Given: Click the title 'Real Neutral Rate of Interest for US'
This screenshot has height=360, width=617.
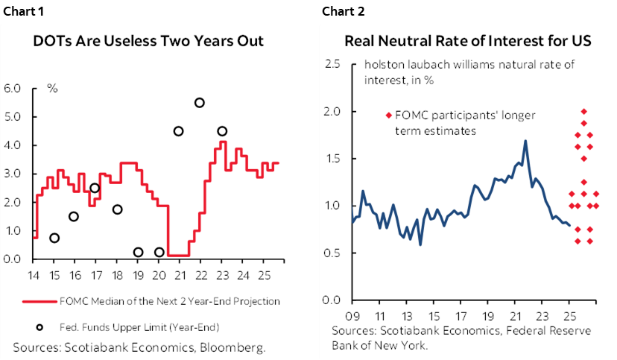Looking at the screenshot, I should point(467,42).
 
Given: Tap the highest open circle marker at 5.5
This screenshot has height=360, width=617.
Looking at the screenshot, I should point(199,103).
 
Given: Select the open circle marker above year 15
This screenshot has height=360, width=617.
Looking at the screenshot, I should point(55,238).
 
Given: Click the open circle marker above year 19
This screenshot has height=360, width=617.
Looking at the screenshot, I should point(138,252).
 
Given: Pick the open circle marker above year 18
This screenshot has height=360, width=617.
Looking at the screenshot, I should point(117,209).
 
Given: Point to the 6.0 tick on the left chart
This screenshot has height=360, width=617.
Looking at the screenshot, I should point(13,89).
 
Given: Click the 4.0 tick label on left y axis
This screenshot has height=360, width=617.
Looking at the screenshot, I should point(13,145).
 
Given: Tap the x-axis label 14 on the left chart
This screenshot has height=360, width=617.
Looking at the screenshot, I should point(34,274).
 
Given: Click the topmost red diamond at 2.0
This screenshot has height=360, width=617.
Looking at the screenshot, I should point(583,111).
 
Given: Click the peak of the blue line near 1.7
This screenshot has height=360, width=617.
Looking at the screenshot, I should point(525,141).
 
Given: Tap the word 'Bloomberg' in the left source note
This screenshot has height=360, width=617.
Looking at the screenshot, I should point(238,347).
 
